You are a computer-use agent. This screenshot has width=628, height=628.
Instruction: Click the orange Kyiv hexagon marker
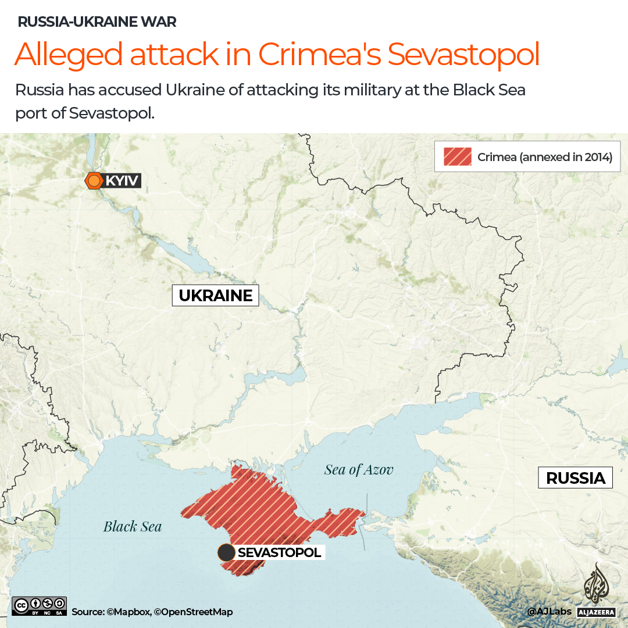(94, 181)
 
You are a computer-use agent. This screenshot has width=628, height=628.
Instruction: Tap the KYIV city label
(122, 181)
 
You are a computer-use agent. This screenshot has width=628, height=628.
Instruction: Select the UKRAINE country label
(215, 295)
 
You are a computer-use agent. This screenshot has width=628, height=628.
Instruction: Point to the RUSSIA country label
(576, 478)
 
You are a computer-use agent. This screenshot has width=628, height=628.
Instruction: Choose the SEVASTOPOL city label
(279, 552)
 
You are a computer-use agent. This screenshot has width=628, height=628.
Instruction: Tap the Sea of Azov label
(359, 469)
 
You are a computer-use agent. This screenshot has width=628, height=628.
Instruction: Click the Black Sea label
(133, 527)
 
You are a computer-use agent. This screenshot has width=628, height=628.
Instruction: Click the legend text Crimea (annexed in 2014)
(545, 157)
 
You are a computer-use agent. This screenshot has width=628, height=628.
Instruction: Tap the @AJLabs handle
(549, 612)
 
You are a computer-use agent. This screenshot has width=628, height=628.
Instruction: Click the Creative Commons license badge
(39, 606)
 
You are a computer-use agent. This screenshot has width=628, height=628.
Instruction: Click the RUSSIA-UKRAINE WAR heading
(97, 23)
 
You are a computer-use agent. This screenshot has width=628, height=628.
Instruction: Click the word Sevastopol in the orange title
(463, 54)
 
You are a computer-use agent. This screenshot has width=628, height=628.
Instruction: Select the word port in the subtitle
(31, 113)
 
